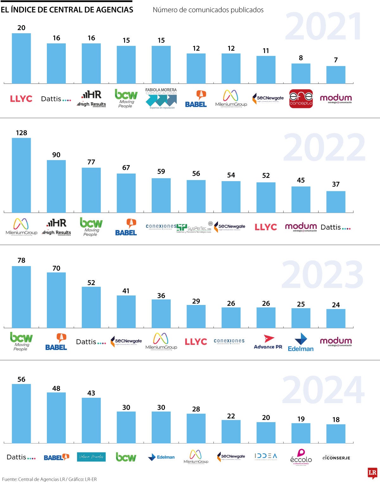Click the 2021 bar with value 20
pyautogui.click(x=21, y=59)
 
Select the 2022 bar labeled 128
pyautogui.click(x=21, y=175)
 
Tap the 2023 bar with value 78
pyautogui.click(x=21, y=297)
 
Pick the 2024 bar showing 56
pyautogui.click(x=21, y=413)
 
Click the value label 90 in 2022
pyautogui.click(x=56, y=155)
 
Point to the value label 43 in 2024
pyautogui.click(x=91, y=393)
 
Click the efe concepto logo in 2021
pyautogui.click(x=301, y=98)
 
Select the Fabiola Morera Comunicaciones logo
pyautogui.click(x=161, y=98)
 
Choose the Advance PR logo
pyautogui.click(x=268, y=342)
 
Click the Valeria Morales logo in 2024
pyautogui.click(x=91, y=457)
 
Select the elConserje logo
pyautogui.click(x=336, y=458)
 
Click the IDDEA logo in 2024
pyautogui.click(x=266, y=456)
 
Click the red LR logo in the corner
pyautogui.click(x=372, y=473)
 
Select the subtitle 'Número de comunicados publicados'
pyautogui.click(x=208, y=10)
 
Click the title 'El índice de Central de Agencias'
pyautogui.click(x=67, y=10)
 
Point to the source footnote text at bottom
pyautogui.click(x=49, y=479)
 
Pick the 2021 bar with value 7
pyautogui.click(x=336, y=75)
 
